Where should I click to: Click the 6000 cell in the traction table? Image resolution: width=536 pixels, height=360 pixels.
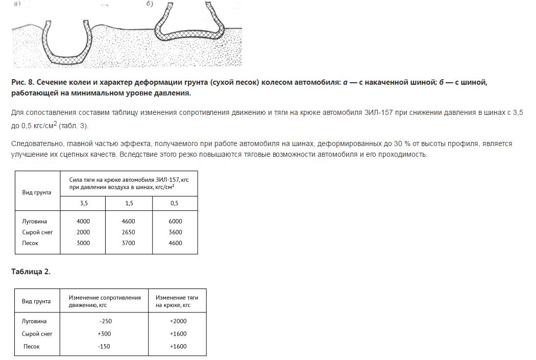pos(175,222)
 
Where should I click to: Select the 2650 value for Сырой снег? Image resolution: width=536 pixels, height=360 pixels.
pos(128,232)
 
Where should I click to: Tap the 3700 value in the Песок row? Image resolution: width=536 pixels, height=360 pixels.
pos(128,243)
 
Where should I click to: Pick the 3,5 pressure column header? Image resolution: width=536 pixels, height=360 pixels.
pos(83,203)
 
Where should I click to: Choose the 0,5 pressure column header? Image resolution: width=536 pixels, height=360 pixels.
pos(175,203)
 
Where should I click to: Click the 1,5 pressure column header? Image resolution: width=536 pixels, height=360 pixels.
pos(129,203)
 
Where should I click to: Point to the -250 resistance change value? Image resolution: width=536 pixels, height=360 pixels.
pos(105,321)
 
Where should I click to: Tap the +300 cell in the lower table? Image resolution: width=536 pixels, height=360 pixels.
pos(105,334)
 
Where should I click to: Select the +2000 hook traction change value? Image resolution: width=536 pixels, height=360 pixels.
pos(178,321)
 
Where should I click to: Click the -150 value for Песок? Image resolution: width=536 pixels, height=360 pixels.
pos(105,346)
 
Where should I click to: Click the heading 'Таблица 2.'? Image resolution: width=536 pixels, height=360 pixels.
pos(31,272)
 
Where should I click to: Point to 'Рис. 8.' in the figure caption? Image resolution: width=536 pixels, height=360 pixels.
pos(22,82)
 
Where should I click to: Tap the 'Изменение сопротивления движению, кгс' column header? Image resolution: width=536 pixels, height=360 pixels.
pos(105,301)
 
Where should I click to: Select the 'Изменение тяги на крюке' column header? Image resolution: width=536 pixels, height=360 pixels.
pos(177,301)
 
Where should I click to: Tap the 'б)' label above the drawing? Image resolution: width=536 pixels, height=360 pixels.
pos(150,4)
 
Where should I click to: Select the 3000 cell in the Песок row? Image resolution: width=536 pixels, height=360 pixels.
pos(83,243)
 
